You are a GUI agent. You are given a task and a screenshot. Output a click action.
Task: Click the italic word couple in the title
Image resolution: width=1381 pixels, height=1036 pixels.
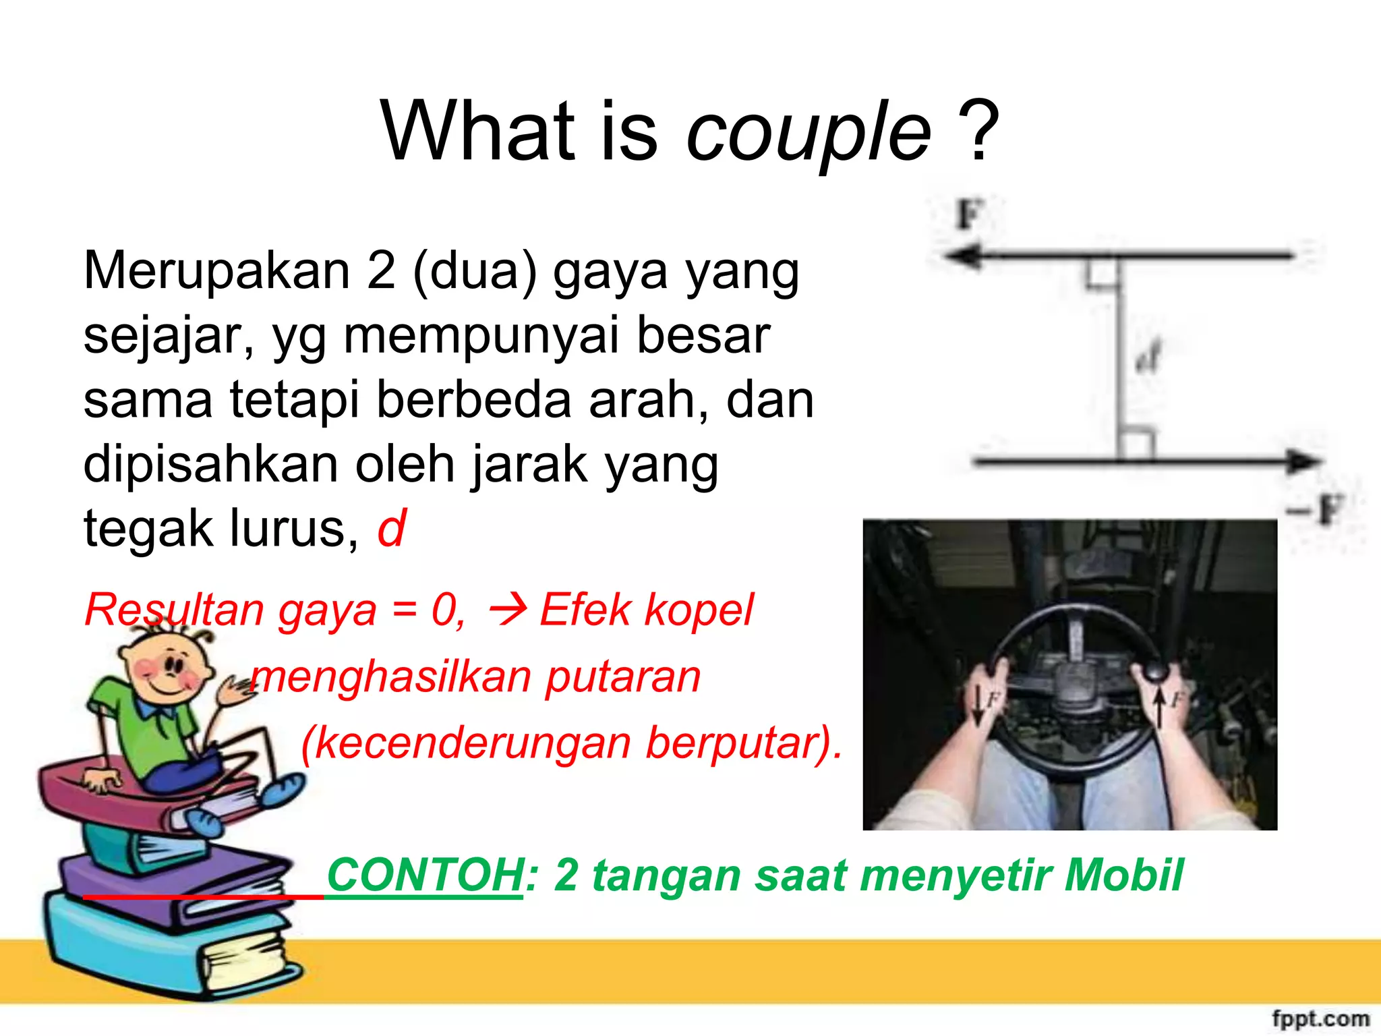click(x=808, y=132)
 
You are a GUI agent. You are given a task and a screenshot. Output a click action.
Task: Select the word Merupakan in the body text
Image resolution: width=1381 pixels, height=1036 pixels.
click(x=216, y=271)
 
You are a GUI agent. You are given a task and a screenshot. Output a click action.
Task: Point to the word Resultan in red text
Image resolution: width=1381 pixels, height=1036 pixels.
click(x=174, y=610)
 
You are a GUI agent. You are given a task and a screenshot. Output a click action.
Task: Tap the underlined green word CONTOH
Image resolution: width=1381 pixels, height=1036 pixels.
click(x=425, y=875)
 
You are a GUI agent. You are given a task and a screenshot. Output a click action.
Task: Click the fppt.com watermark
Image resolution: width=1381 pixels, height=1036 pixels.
click(x=1320, y=1018)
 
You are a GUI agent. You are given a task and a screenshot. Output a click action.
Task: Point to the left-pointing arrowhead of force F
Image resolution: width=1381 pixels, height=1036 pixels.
click(x=961, y=257)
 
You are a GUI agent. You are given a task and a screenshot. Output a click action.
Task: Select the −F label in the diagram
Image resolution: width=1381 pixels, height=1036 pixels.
click(x=1318, y=509)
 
